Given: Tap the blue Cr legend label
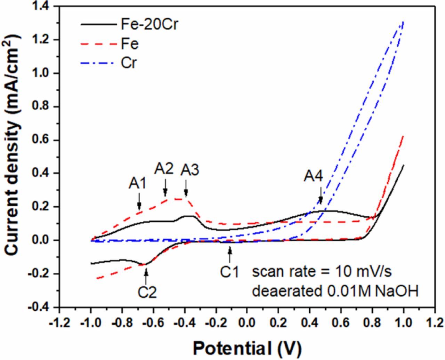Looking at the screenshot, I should coord(129,64).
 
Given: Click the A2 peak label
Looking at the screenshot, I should coord(164,169).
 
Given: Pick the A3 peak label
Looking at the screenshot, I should coord(190,170).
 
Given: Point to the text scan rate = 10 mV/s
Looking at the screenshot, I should coord(322,272).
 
